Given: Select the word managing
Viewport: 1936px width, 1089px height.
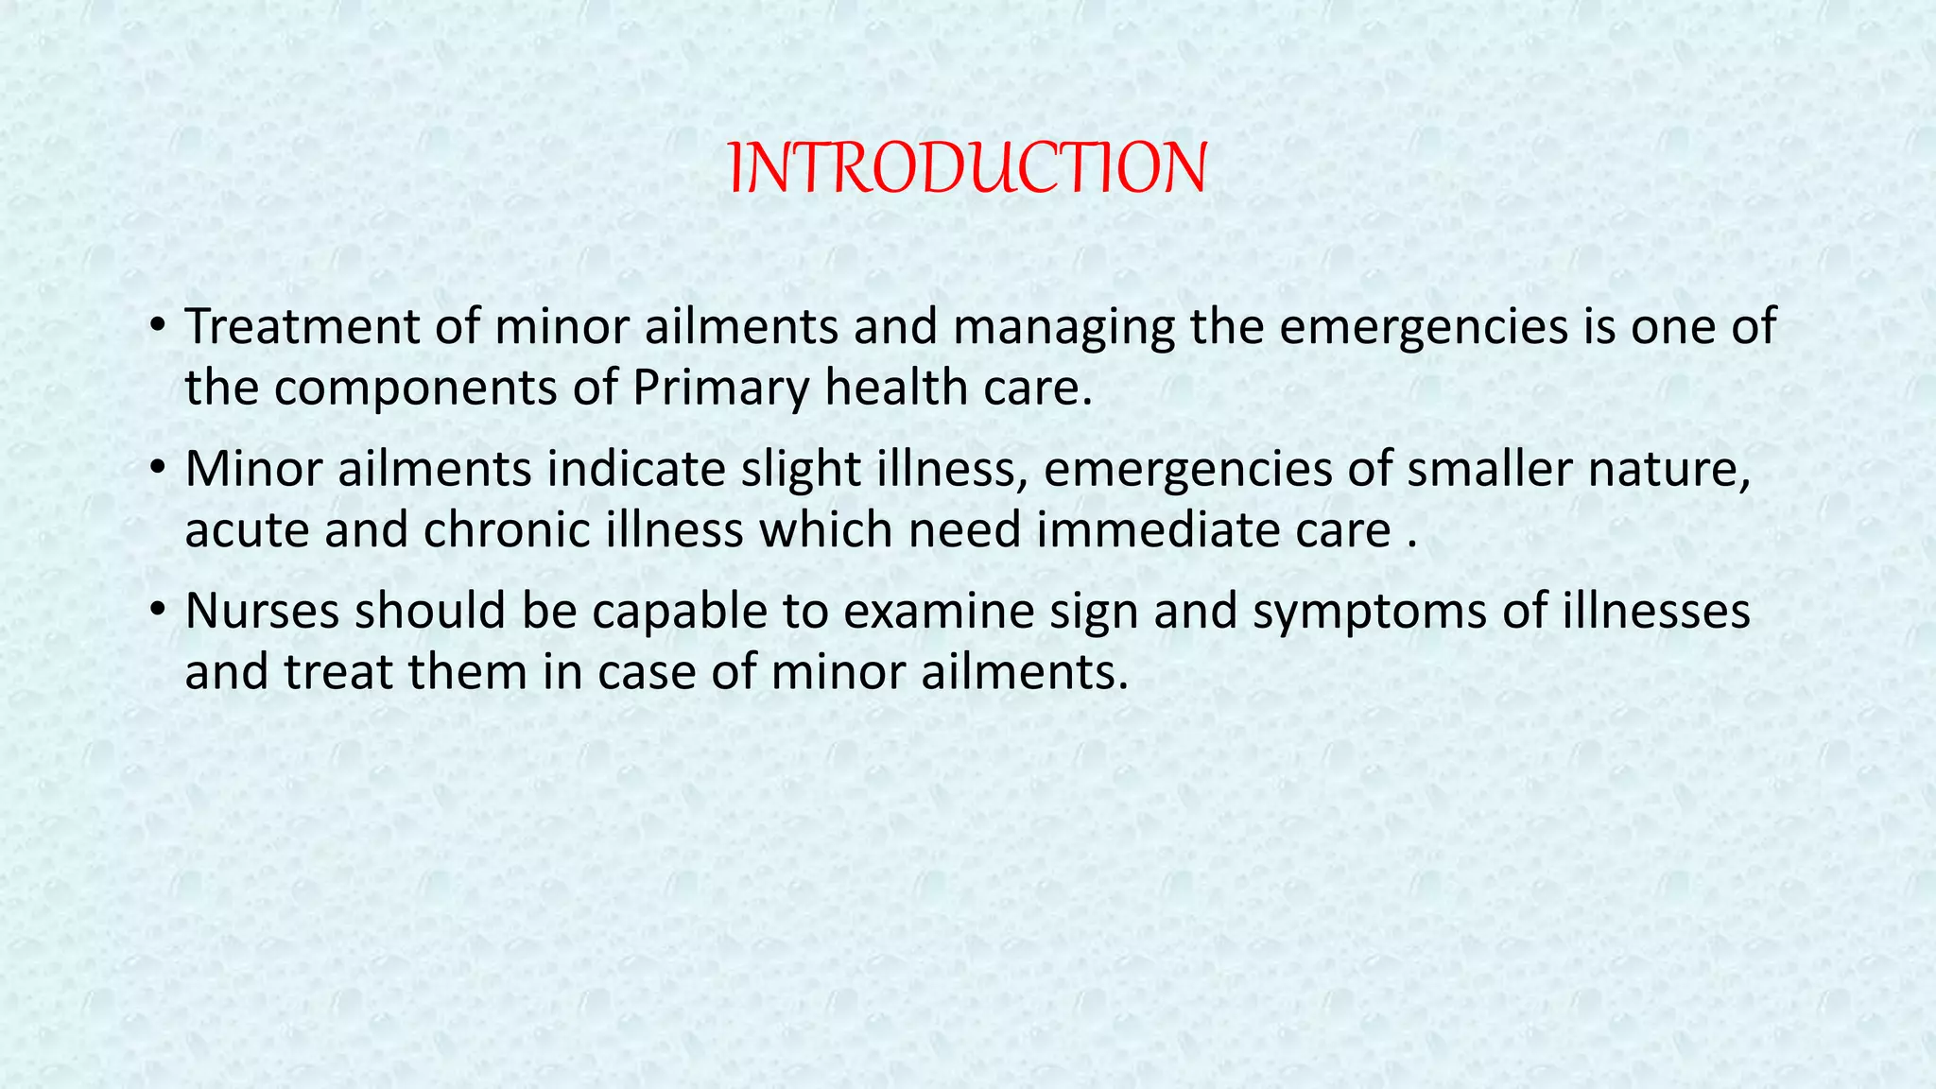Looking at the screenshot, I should (1063, 327).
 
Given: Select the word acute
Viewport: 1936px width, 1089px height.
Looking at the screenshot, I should (247, 530).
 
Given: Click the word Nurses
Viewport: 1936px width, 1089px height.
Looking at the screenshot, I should (262, 612).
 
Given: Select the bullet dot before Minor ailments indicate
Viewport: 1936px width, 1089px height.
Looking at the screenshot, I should (158, 470).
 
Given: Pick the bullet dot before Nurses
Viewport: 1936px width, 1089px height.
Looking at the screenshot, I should (158, 612).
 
